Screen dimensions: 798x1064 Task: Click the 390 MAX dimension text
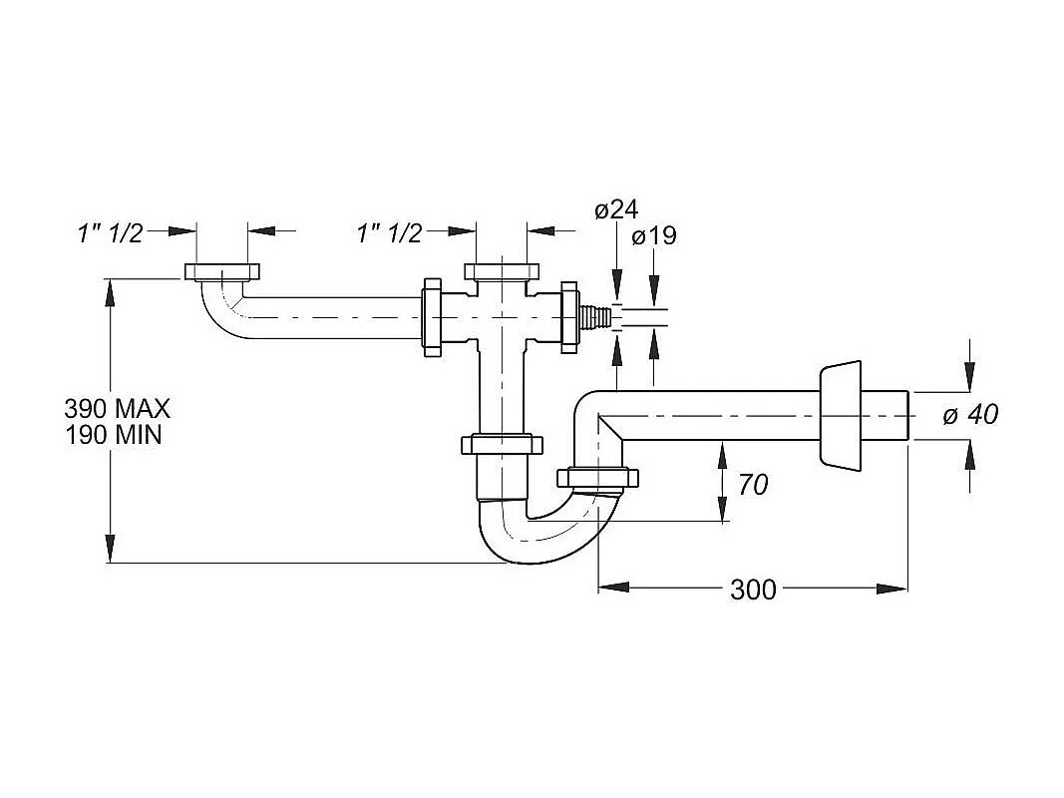(117, 408)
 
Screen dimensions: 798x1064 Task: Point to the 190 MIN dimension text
(112, 435)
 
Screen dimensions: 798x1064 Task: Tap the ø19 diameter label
(654, 236)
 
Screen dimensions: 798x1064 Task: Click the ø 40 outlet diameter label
(970, 414)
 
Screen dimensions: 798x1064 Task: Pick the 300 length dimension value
(753, 590)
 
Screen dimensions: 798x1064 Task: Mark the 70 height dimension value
(753, 485)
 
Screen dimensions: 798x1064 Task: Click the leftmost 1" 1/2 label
(110, 233)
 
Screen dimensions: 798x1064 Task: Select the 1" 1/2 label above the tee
(389, 233)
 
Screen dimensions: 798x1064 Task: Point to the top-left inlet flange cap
(221, 272)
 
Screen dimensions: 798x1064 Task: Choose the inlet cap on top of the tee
(501, 272)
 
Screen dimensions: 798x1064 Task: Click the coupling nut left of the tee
(433, 317)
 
